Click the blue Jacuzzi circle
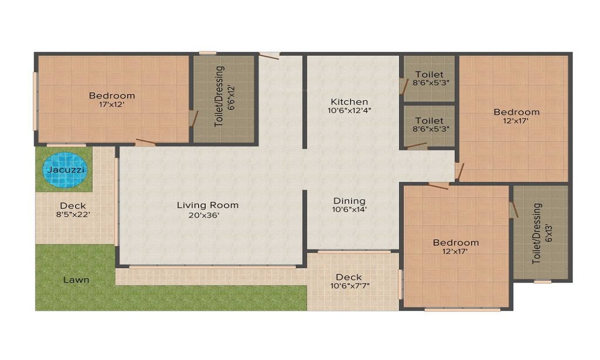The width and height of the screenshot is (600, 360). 64,170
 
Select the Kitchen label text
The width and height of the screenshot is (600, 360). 348,101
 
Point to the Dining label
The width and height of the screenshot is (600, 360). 349,200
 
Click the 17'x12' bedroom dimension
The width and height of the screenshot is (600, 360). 112,104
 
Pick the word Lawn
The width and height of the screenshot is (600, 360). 76,280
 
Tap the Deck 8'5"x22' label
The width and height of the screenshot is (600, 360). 73,210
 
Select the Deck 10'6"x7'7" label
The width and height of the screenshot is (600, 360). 349,281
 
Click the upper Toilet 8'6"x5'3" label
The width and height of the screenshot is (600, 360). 429,79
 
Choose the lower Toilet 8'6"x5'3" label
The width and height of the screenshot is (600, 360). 429,124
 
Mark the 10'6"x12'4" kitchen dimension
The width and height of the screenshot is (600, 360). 348,111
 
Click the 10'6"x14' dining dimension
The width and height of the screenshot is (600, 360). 349,210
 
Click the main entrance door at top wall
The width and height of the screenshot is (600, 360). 269,56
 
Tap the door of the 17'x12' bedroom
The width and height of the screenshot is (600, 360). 146,143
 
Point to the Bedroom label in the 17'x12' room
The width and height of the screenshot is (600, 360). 112,95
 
